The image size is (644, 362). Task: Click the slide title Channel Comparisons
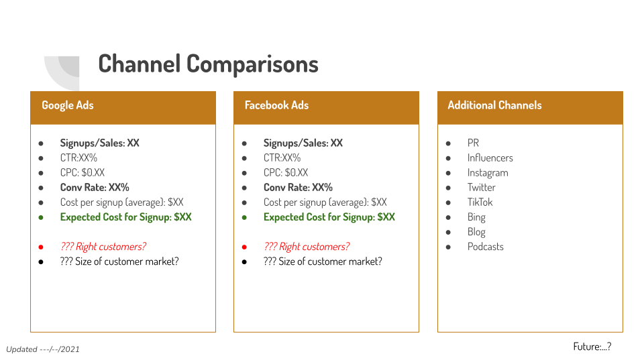pyautogui.click(x=208, y=64)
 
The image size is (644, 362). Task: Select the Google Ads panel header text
pyautogui.click(x=68, y=105)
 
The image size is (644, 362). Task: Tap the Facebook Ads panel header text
pyautogui.click(x=276, y=105)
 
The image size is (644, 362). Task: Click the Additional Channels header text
pyautogui.click(x=494, y=105)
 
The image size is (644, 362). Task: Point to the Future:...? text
pyautogui.click(x=592, y=347)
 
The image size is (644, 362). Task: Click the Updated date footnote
pyautogui.click(x=43, y=349)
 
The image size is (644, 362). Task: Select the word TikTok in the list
pyautogui.click(x=480, y=202)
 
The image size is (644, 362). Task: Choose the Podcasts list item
pyautogui.click(x=485, y=246)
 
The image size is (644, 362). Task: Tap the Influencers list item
pyautogui.click(x=490, y=158)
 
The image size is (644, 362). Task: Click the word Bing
pyautogui.click(x=476, y=217)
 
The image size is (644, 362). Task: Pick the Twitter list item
pyautogui.click(x=482, y=187)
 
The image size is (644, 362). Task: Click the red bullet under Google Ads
pyautogui.click(x=41, y=247)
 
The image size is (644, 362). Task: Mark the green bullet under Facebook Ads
pyautogui.click(x=244, y=217)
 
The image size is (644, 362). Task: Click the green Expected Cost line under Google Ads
pyautogui.click(x=125, y=217)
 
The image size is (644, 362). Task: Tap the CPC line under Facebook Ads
pyautogui.click(x=286, y=172)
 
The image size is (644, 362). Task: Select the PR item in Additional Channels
pyautogui.click(x=473, y=143)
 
